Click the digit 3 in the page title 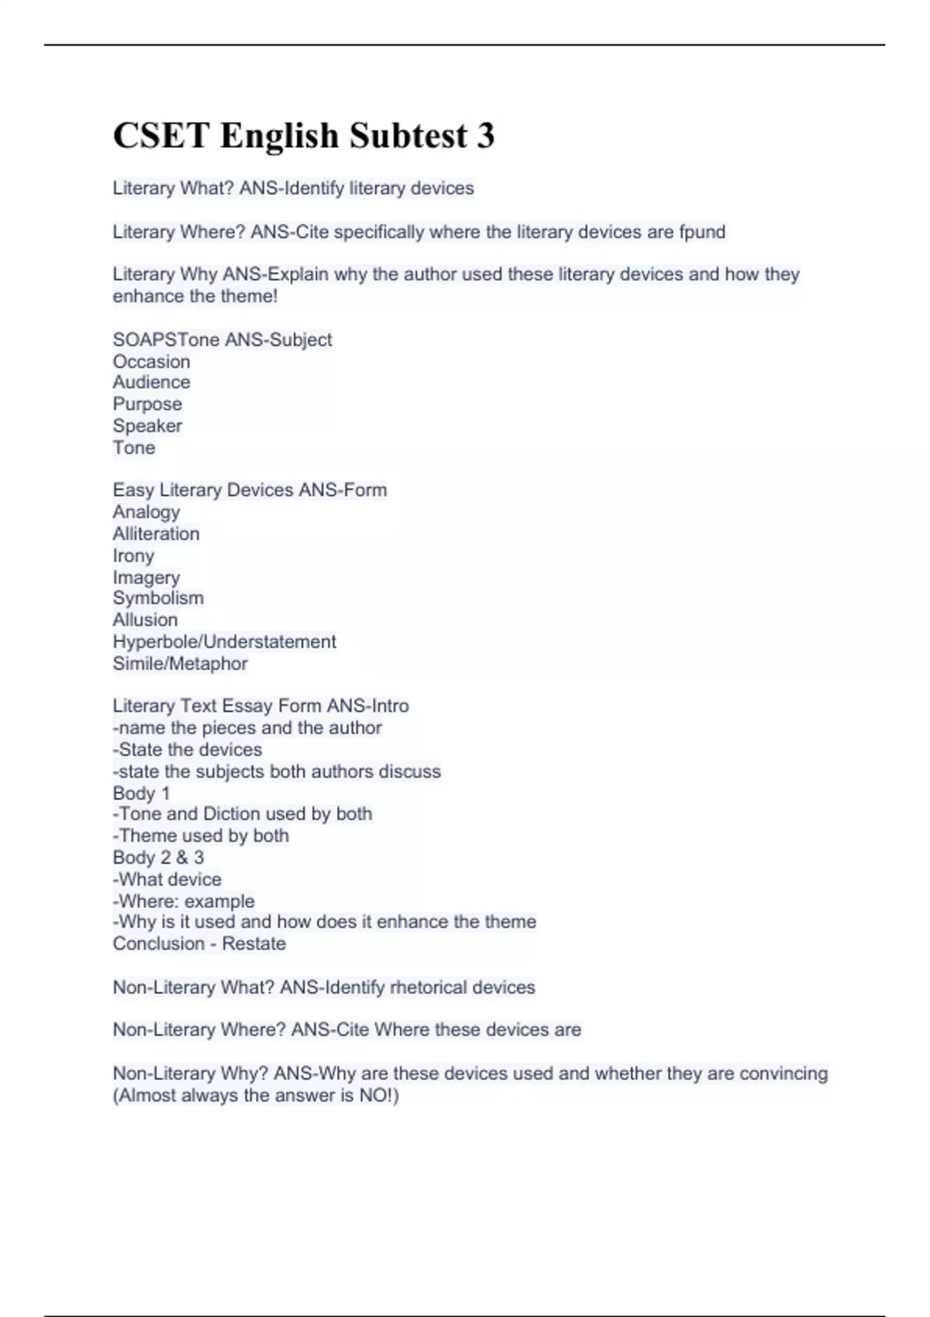(x=484, y=136)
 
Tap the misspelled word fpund (x=701, y=232)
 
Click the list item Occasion (x=151, y=361)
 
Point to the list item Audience (x=151, y=382)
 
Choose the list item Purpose (x=147, y=404)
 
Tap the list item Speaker (x=147, y=425)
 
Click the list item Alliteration (x=156, y=534)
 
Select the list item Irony (x=133, y=555)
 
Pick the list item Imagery (x=146, y=577)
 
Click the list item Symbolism (x=158, y=598)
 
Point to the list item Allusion (x=145, y=620)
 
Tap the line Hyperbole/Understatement (x=224, y=641)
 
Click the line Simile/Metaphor (x=180, y=663)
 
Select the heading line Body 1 (x=141, y=793)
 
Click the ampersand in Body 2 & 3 (x=182, y=858)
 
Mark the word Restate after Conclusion (x=253, y=944)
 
